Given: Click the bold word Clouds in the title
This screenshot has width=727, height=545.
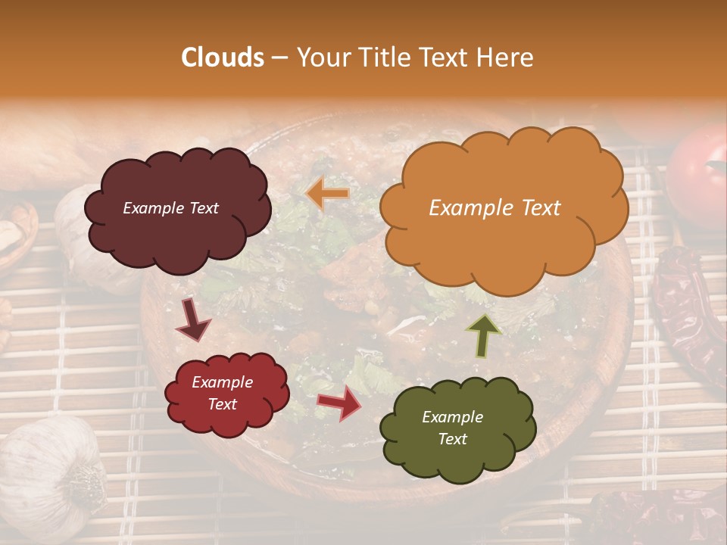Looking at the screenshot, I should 223,57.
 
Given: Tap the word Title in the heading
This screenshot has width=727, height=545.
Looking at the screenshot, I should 383,57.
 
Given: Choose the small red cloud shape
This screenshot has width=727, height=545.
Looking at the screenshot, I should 226,393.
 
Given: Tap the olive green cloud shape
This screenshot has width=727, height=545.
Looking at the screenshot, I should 457,428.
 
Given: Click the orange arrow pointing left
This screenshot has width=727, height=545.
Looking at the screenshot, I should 328,195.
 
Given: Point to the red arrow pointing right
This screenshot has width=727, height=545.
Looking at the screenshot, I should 339,402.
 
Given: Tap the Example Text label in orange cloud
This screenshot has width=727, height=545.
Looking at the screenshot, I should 495,208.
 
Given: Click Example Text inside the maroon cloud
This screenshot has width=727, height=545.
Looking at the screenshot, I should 170,208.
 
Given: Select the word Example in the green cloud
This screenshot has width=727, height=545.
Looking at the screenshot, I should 452,417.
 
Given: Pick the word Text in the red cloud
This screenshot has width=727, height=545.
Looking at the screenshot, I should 222,404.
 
